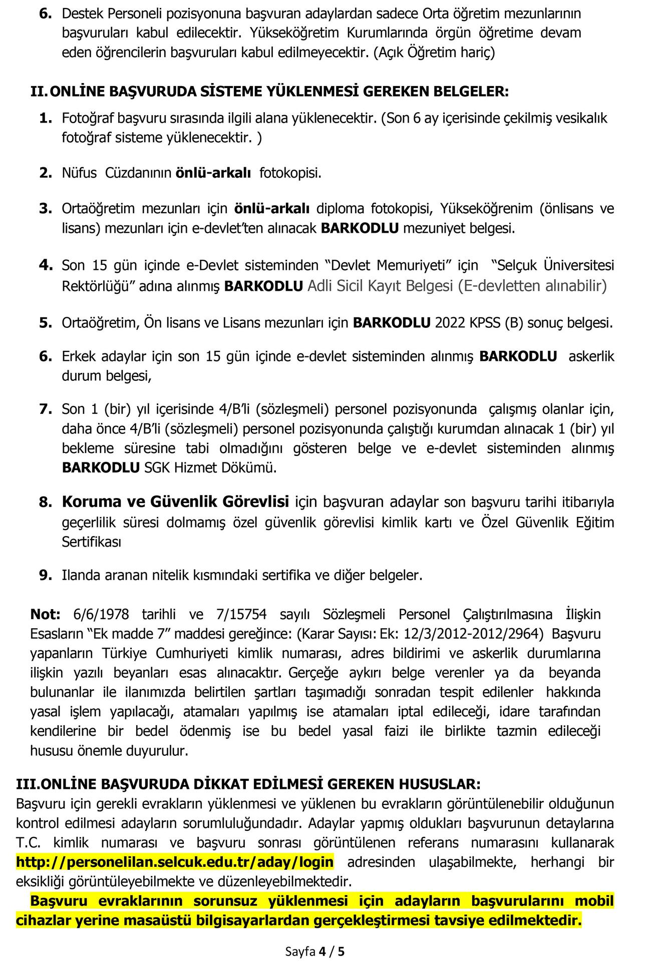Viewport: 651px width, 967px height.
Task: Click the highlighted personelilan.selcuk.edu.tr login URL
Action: coord(175,862)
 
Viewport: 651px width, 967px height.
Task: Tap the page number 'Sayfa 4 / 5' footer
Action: coord(314,951)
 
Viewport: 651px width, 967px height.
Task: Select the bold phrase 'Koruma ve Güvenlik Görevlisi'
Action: coord(175,502)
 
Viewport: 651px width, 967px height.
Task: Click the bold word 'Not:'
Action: coord(45,614)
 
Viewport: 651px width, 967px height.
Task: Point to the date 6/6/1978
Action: coord(101,614)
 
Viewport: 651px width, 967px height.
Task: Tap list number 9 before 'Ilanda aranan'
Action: coord(46,576)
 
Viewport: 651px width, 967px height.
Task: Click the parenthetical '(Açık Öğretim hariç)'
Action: coord(434,53)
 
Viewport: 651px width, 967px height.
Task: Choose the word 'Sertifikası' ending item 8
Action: coord(92,542)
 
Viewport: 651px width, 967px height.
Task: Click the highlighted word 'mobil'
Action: coord(594,901)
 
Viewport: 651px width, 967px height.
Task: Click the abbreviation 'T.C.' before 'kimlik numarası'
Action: coord(30,842)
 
